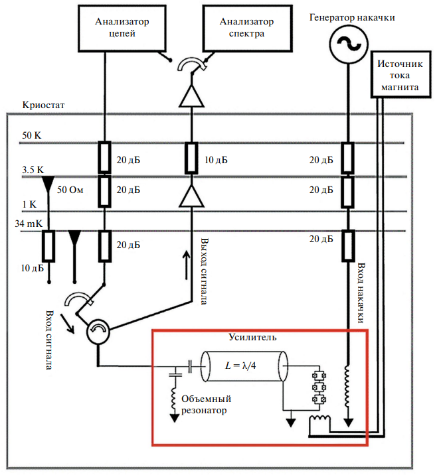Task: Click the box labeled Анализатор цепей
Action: (122, 28)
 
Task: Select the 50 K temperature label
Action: (31, 135)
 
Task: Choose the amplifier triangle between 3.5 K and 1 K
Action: (191, 196)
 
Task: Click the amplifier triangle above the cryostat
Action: (191, 96)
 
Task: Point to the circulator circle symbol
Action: (98, 330)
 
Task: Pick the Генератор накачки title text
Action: (352, 17)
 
